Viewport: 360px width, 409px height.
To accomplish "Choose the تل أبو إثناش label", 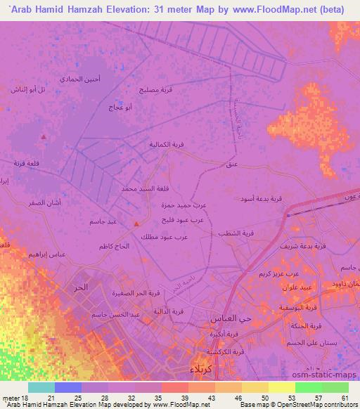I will [30, 89].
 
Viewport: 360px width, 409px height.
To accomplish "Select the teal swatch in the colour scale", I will [41, 387].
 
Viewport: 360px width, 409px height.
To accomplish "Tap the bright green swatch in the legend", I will [308, 387].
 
